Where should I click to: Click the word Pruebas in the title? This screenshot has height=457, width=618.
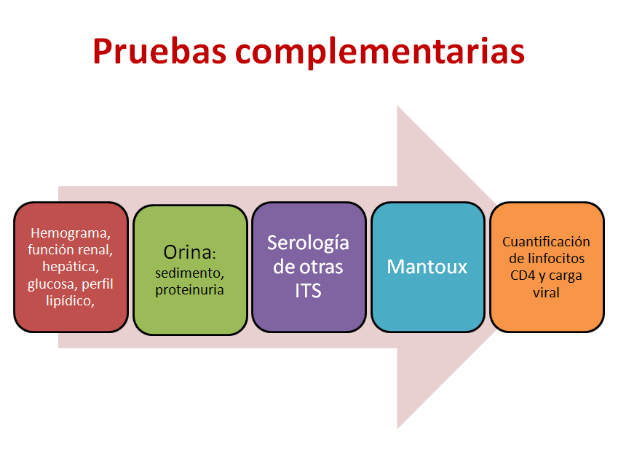(x=159, y=51)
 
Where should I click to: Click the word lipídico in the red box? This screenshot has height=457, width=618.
(x=70, y=301)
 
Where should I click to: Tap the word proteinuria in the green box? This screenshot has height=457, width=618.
(x=189, y=291)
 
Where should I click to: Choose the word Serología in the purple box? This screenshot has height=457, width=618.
(x=308, y=243)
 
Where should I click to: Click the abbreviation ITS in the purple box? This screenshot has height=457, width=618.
(x=308, y=291)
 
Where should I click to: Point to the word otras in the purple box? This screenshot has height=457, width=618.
(x=321, y=267)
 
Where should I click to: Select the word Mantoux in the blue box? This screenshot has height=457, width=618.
(x=427, y=267)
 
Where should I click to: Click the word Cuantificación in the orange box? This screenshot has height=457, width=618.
(x=546, y=242)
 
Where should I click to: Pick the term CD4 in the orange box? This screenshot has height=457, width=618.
(x=522, y=276)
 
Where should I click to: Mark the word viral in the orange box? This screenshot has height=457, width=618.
(x=546, y=293)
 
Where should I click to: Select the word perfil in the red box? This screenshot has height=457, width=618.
(x=98, y=284)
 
